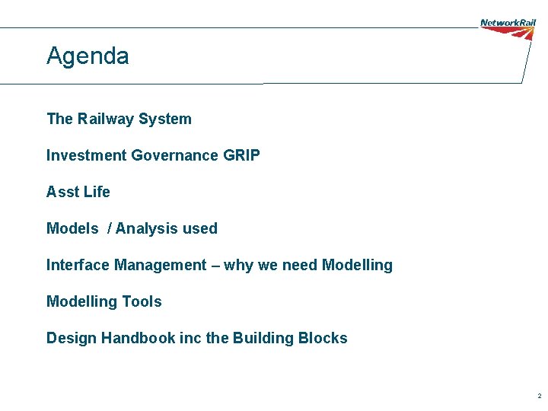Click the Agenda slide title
point(88,56)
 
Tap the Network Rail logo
point(508,28)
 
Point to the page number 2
point(539,397)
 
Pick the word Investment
point(86,155)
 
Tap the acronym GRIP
point(242,155)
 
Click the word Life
point(97,192)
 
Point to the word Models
point(72,228)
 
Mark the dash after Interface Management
point(216,266)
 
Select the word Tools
point(142,301)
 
